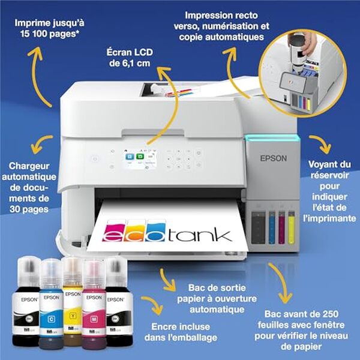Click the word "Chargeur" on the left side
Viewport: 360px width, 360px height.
coord(29,166)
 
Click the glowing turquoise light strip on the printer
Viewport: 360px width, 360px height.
coord(271,138)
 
